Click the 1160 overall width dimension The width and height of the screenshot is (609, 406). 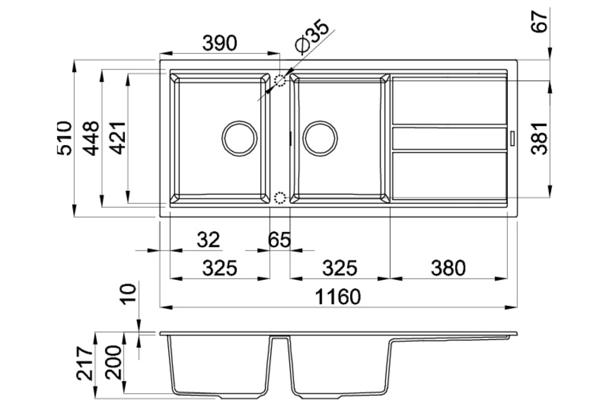pos(338,297)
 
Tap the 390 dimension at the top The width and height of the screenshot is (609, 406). pos(220,43)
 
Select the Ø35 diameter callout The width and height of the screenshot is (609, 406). pos(312,35)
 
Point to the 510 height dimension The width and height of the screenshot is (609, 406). pos(65,138)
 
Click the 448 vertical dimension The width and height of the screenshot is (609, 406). pos(91,138)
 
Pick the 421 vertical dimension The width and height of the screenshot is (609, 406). pos(117,138)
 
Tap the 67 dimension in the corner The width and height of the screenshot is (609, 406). pos(540,22)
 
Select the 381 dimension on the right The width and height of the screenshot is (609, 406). pos(540,139)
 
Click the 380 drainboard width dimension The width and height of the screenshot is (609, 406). pos(448,268)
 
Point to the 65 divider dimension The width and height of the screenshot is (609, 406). pos(279,240)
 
